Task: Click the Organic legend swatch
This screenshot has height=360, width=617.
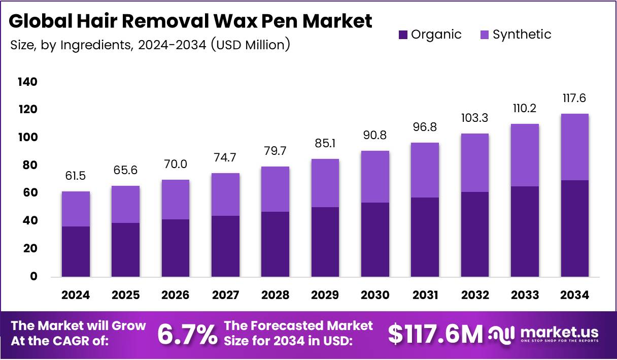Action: click(x=403, y=35)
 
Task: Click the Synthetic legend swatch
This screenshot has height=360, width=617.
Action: click(x=485, y=35)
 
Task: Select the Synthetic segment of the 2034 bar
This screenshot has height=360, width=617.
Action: click(x=574, y=147)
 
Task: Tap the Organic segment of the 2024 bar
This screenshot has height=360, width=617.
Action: click(x=76, y=251)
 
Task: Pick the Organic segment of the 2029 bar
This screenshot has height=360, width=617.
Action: click(x=325, y=242)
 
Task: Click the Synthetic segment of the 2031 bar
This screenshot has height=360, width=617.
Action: click(x=425, y=170)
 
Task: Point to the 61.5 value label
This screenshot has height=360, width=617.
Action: click(x=76, y=176)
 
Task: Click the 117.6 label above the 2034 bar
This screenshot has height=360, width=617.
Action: click(x=574, y=98)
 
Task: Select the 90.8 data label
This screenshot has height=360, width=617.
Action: click(x=375, y=136)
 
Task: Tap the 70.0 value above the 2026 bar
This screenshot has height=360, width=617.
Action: click(x=176, y=165)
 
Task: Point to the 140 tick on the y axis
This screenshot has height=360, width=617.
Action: click(x=27, y=82)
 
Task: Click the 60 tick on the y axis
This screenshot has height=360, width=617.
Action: click(x=30, y=193)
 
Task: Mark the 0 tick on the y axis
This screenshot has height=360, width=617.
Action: click(x=34, y=277)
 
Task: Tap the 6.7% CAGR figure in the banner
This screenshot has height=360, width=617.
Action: click(x=187, y=334)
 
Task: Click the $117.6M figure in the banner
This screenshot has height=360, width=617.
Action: click(x=435, y=334)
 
